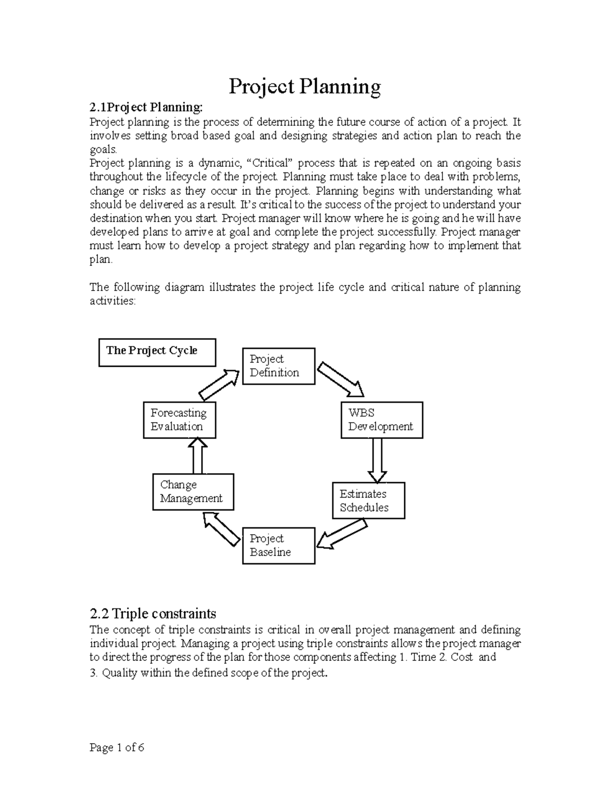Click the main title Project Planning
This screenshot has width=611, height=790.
(x=304, y=86)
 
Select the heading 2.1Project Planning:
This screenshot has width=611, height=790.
(x=146, y=107)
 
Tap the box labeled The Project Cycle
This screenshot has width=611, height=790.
(x=157, y=352)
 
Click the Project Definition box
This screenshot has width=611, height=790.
(x=278, y=366)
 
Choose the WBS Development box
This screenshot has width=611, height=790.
(x=381, y=420)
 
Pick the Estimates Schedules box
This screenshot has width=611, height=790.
(x=368, y=501)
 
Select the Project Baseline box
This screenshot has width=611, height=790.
(x=278, y=546)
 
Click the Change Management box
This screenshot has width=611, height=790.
(x=193, y=492)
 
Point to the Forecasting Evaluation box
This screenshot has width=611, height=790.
(x=179, y=420)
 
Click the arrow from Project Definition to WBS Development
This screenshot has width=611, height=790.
(x=340, y=379)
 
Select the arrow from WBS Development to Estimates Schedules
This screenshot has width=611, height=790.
(x=377, y=460)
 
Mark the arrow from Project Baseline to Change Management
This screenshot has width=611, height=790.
(x=221, y=529)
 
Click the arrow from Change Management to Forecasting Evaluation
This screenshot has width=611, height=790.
(x=198, y=456)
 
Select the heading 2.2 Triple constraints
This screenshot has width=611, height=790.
(x=153, y=613)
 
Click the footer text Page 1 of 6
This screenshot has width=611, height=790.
(x=117, y=747)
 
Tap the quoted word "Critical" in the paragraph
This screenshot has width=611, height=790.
(x=269, y=163)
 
